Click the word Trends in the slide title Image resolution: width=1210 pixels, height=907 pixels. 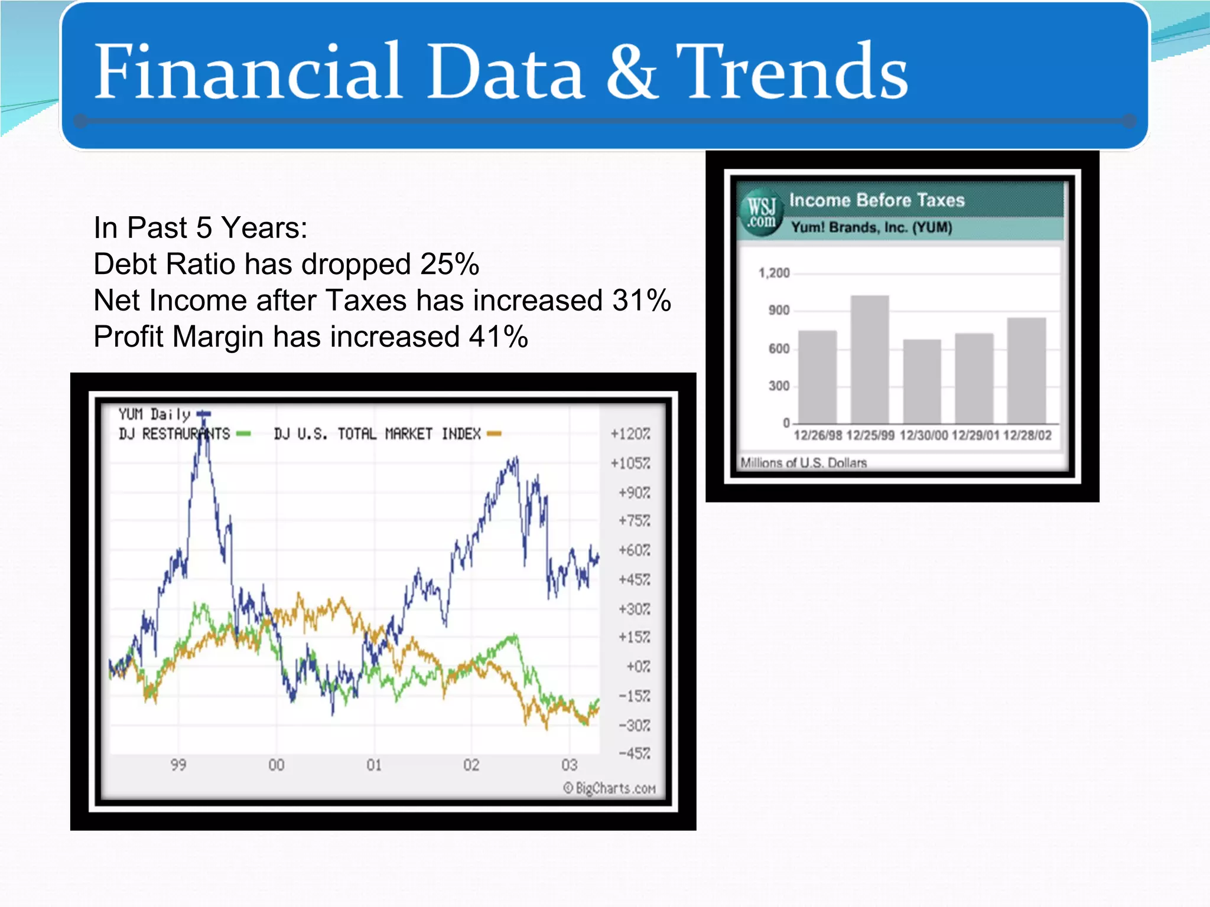pos(792,72)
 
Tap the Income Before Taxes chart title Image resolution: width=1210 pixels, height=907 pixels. pos(877,200)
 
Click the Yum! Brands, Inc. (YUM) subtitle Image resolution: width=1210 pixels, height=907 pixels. pos(871,227)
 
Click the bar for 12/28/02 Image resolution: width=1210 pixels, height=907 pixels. pos(1026,370)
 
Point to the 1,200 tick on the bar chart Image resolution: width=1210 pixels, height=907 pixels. pos(774,273)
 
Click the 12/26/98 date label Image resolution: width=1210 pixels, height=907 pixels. pos(818,436)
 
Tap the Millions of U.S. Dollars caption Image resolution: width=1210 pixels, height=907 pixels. pos(804,462)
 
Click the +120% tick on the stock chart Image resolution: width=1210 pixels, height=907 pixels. pos(630,434)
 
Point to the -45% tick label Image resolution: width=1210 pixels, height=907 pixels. pos(634,753)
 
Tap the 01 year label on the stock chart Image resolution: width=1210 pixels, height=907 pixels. pos(374,765)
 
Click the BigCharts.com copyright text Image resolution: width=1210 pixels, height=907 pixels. pos(609,788)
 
